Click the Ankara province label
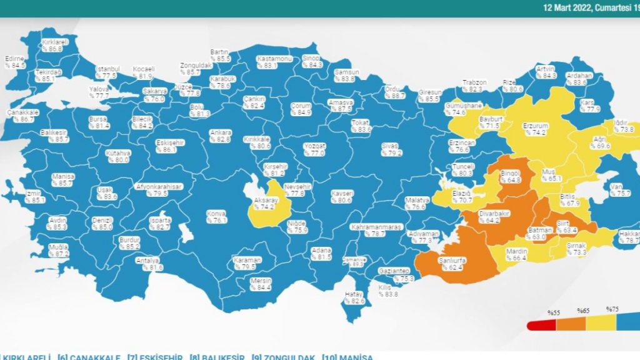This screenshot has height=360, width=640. click(x=221, y=132)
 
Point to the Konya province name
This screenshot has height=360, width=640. click(x=216, y=213)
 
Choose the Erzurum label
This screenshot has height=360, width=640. click(x=536, y=126)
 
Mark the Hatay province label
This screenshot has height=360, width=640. click(x=354, y=294)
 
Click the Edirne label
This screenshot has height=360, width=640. click(x=14, y=58)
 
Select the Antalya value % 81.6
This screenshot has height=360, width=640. click(x=152, y=267)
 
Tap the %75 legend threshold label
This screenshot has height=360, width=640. click(x=612, y=309)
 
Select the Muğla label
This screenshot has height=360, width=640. click(x=59, y=247)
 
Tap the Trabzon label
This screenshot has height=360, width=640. click(x=474, y=82)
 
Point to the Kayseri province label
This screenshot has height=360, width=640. click(x=342, y=193)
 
